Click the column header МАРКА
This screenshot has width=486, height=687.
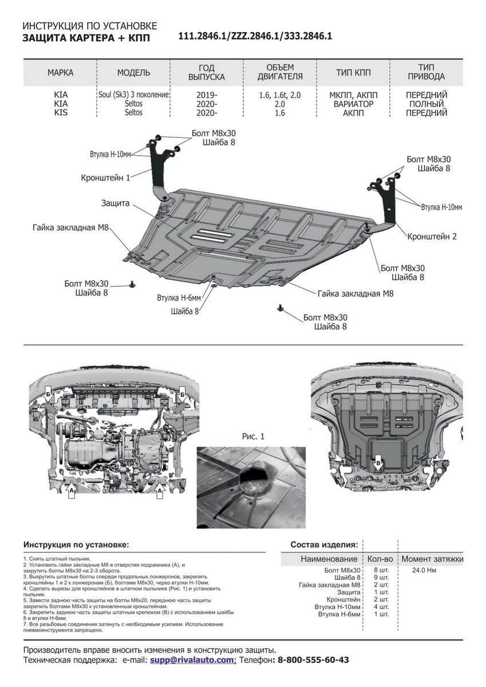click(60, 73)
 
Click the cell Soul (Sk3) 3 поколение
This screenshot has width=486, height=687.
click(133, 95)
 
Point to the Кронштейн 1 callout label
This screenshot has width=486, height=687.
click(106, 178)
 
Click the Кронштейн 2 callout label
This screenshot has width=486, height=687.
click(432, 236)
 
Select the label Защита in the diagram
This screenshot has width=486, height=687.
click(116, 203)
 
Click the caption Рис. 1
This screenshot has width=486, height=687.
click(255, 436)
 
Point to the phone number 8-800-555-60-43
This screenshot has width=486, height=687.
click(313, 660)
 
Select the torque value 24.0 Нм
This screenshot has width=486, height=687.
click(424, 571)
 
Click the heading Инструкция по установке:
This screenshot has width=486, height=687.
click(76, 544)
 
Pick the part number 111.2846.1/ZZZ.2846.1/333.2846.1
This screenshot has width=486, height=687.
click(255, 35)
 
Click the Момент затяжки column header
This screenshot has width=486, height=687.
click(432, 559)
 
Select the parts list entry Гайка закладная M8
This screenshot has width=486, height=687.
click(329, 585)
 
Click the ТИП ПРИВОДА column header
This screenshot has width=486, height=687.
click(426, 72)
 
